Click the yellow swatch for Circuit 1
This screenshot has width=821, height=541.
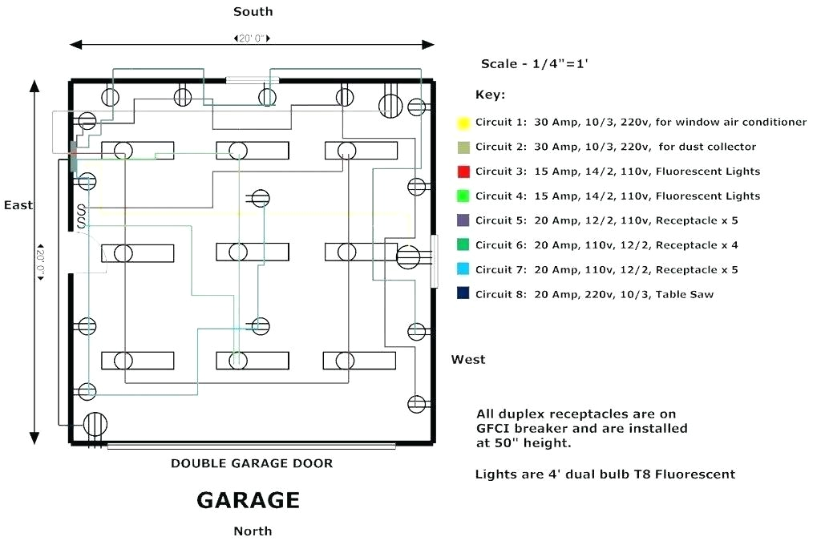(463, 123)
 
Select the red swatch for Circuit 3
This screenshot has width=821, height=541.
(463, 172)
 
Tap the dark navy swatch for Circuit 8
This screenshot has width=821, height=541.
(463, 293)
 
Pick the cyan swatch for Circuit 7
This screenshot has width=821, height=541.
(463, 269)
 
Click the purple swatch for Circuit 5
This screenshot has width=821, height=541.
(463, 220)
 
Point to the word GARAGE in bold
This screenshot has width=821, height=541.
(249, 500)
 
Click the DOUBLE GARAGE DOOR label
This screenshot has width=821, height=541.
(252, 463)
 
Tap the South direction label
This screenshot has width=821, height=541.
(253, 12)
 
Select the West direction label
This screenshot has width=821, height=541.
(468, 359)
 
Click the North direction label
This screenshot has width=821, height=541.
(253, 531)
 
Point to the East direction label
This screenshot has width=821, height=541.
(18, 205)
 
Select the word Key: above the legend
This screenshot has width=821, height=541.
(490, 95)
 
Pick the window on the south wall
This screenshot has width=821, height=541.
(252, 80)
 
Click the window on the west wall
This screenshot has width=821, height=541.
(434, 261)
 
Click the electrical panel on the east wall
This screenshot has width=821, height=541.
(73, 157)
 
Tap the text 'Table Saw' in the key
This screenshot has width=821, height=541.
(685, 294)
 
